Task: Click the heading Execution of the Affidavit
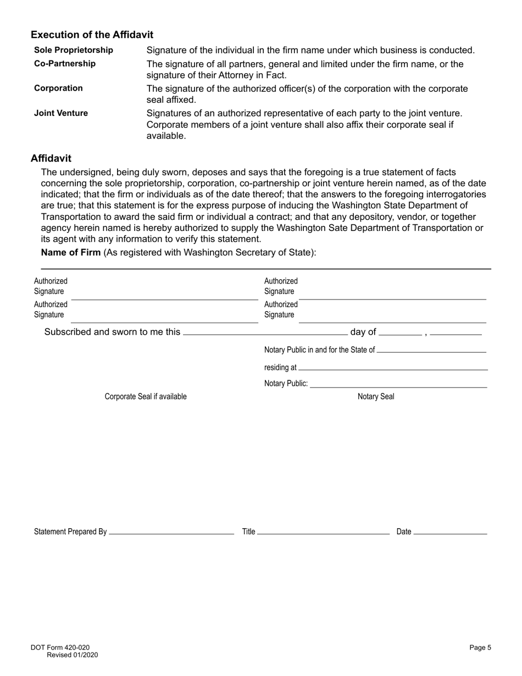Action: click(x=92, y=35)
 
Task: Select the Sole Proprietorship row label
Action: click(x=74, y=50)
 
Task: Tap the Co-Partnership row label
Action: click(x=65, y=64)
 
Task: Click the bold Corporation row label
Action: click(x=58, y=88)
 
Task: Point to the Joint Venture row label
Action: click(x=60, y=113)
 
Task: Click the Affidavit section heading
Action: click(x=51, y=158)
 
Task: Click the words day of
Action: click(x=363, y=332)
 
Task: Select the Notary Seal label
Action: click(x=376, y=397)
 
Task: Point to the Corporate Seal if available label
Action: click(x=146, y=397)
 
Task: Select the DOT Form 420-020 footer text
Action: click(x=60, y=648)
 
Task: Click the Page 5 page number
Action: click(x=480, y=648)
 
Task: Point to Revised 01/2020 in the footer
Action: click(x=73, y=655)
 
